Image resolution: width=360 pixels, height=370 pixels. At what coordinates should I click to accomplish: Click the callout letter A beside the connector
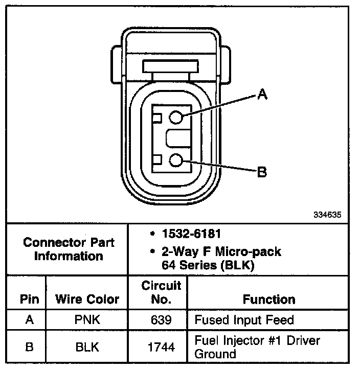tap(262, 94)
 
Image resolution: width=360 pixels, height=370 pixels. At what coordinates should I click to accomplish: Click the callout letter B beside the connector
tap(262, 172)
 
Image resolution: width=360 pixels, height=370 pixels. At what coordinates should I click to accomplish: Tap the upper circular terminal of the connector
tap(176, 118)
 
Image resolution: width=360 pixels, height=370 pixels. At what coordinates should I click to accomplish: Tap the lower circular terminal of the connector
tap(176, 161)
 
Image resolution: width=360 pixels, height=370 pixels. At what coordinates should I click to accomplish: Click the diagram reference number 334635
tap(327, 215)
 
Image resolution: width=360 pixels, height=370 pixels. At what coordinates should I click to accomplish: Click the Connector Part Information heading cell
tap(69, 249)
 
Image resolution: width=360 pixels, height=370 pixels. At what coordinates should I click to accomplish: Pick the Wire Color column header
tap(87, 299)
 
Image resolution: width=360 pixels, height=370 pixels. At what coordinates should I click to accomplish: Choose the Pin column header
tap(29, 299)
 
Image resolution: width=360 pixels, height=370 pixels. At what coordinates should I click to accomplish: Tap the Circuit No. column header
tap(161, 292)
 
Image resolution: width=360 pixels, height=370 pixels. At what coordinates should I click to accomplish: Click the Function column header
tap(268, 299)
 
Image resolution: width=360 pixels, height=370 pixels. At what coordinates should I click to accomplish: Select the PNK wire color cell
tap(86, 320)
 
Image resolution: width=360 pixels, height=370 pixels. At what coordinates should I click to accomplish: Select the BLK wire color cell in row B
tap(86, 347)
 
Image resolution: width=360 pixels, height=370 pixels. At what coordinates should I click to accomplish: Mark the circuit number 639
tap(161, 320)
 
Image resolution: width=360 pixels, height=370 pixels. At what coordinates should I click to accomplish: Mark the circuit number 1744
tap(161, 347)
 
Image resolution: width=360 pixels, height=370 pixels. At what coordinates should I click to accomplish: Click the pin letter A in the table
tap(29, 320)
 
